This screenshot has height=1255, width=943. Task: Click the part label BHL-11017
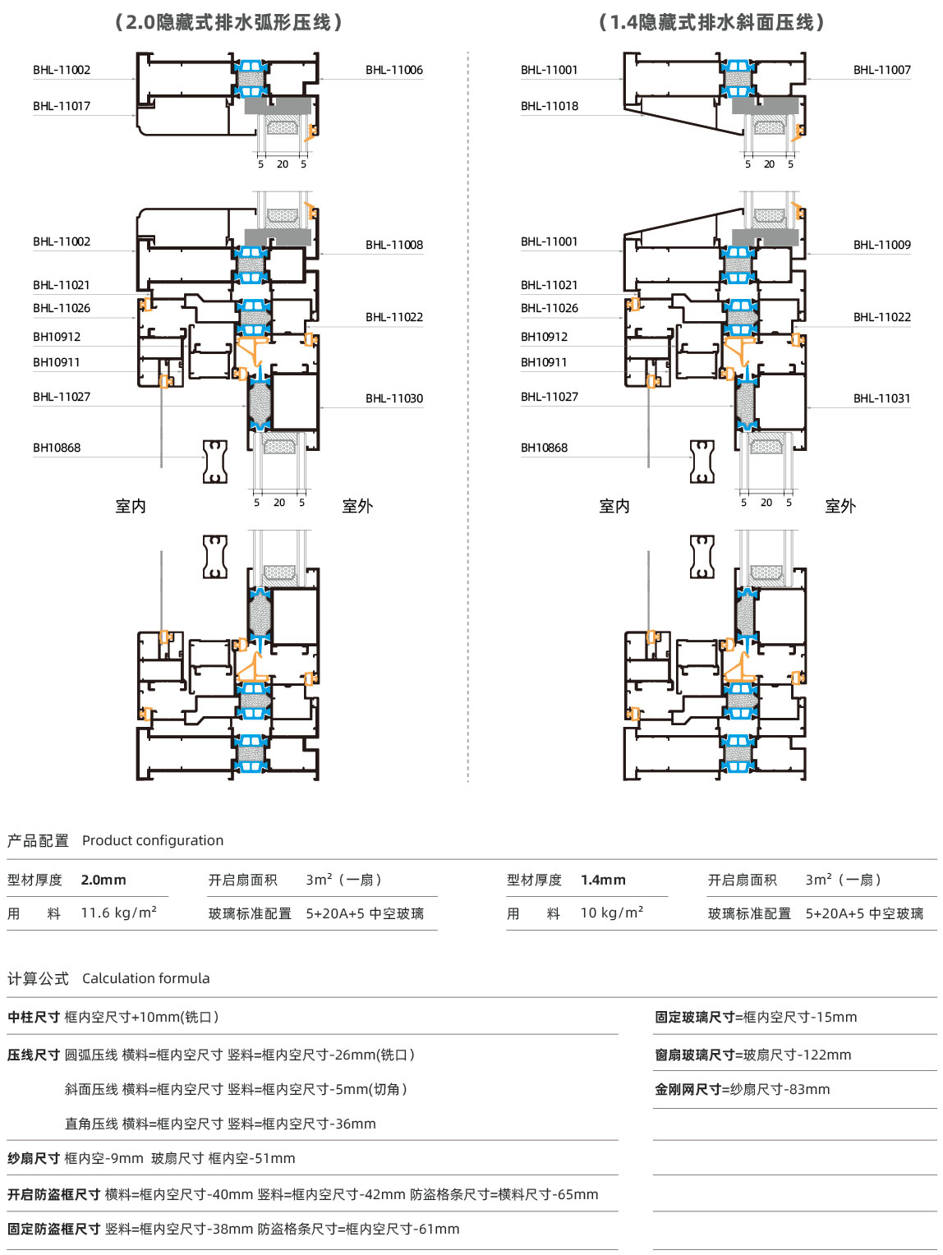pos(62,106)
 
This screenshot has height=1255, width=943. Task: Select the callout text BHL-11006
pos(394,70)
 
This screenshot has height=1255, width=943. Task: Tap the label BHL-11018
pos(549,106)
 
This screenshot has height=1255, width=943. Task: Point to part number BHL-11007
pos(882,70)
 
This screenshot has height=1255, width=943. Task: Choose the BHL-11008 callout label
pos(394,245)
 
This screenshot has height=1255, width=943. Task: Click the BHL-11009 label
pos(882,245)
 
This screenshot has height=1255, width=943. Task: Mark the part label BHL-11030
pos(394,398)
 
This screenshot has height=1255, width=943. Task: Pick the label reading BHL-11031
pos(882,398)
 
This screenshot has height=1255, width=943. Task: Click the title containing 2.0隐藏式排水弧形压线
pos(228,22)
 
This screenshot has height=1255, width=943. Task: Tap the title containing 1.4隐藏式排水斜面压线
pos(711,22)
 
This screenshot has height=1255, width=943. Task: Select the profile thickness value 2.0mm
pos(103,880)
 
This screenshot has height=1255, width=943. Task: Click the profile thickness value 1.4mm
pos(603,880)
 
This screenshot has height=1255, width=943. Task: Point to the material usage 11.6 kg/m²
pos(118,913)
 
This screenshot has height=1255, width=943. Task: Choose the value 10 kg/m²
pos(612,913)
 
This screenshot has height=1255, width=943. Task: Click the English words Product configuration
pos(153,840)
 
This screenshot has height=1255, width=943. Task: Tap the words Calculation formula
pos(146,978)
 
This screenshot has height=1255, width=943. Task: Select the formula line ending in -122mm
pos(752,1055)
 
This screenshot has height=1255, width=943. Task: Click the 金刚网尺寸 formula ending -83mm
pos(742,1089)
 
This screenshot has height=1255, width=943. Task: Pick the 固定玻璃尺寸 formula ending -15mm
pos(756,1017)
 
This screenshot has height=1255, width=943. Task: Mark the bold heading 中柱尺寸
pos(33,1017)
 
